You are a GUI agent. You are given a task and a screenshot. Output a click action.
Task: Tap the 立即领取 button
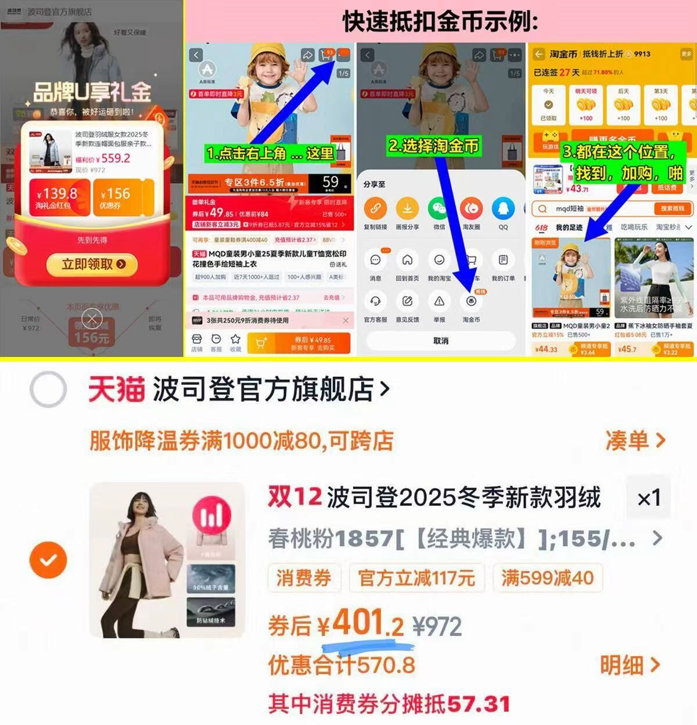92,265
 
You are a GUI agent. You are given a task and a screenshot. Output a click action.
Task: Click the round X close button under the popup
92,318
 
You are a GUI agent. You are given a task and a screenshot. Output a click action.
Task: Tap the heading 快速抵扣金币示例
440,21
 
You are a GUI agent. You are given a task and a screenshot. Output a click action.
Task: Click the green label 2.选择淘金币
433,145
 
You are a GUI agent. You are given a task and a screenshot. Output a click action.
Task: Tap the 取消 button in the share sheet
441,341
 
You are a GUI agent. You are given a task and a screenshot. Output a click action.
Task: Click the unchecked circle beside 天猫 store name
48,389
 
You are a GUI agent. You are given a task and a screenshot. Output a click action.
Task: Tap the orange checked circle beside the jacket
48,559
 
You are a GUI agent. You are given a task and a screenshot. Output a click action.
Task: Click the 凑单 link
635,440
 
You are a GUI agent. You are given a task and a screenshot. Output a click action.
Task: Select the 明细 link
630,665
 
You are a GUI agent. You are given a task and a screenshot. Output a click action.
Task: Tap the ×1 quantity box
649,498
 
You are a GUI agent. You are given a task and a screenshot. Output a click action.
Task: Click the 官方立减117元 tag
416,578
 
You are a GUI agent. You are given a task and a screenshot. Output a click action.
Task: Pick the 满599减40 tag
547,578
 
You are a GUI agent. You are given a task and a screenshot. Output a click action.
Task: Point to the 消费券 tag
303,578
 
